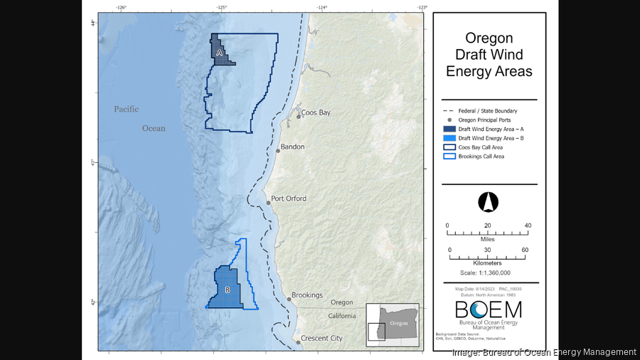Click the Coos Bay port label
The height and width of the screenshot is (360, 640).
(316, 113)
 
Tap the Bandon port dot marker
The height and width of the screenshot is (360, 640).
(278, 150)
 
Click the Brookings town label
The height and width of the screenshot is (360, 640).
(306, 295)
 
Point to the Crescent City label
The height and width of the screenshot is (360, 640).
(321, 339)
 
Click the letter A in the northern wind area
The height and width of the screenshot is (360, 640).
(219, 53)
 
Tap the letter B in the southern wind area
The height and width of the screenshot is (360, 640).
(228, 290)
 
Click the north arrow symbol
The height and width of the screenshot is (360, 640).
(488, 202)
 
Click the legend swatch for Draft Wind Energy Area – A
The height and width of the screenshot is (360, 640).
(449, 128)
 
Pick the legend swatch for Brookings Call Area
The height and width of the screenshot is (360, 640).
(449, 156)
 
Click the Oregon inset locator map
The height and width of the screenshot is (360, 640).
(393, 324)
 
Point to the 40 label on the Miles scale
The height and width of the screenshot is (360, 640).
(528, 226)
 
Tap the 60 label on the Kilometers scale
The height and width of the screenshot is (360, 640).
(525, 250)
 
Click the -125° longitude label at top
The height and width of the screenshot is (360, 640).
(222, 8)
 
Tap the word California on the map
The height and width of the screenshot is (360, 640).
(342, 316)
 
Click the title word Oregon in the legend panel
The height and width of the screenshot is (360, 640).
(489, 38)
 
